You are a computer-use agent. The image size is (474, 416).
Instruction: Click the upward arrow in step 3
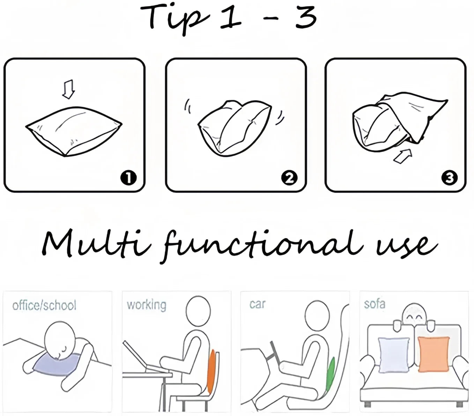[x=403, y=156]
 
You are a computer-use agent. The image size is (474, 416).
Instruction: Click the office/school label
[x=44, y=305]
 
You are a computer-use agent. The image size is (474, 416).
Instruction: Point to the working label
[x=147, y=305]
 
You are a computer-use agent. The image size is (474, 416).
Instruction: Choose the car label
[x=258, y=304]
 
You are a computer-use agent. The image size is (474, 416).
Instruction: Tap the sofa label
[x=374, y=304]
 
